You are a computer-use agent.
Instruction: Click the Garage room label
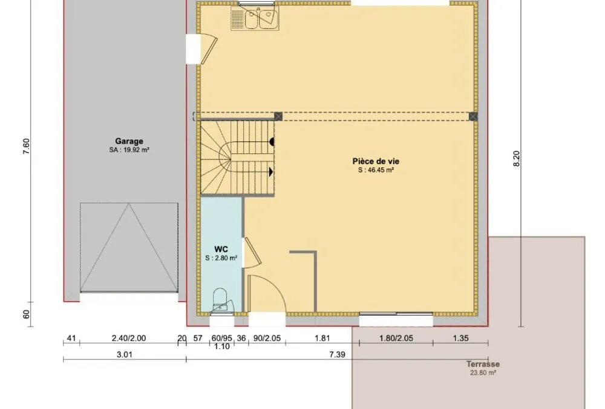coord(129,142)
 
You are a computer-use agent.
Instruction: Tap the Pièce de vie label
coord(376,161)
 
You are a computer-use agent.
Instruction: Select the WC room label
coord(221,249)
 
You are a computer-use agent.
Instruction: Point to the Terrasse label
coord(483,364)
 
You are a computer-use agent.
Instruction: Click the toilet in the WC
coord(220,299)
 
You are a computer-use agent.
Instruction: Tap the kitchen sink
coord(255,18)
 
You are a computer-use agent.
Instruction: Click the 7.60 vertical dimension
coord(26,147)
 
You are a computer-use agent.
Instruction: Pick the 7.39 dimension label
coord(337,354)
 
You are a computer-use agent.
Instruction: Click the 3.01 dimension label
coord(124,354)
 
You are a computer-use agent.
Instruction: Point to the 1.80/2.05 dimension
coord(396,338)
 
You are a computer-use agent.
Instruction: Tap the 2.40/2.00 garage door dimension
coord(129,338)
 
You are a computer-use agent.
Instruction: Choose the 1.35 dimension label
coord(460,338)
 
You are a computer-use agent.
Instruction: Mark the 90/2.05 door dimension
coord(267,338)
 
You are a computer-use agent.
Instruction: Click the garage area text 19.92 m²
coord(129,150)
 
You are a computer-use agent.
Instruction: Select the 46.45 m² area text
coord(376,170)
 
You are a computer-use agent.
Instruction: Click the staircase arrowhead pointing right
coord(271,171)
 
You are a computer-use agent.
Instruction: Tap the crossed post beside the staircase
coord(278,116)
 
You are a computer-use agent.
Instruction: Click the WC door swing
coord(253,253)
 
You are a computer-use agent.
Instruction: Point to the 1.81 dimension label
coord(322,338)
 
